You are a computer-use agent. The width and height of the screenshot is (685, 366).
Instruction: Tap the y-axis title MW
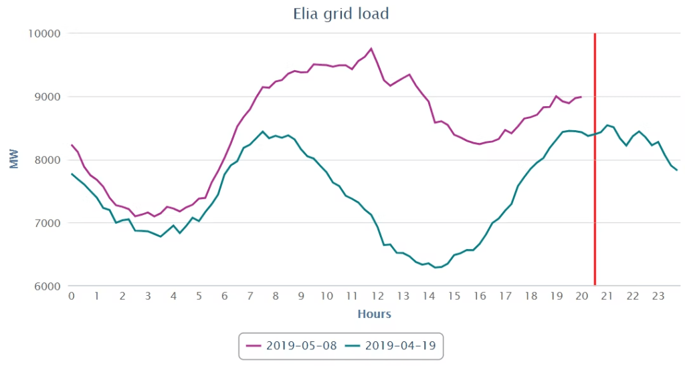pos(13,160)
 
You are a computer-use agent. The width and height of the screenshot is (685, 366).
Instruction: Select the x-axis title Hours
pos(374,314)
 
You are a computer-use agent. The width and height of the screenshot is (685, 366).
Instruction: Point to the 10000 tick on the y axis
pos(43,34)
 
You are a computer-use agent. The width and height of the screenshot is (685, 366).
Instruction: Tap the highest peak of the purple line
pos(371,48)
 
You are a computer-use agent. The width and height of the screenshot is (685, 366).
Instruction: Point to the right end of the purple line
pos(581,97)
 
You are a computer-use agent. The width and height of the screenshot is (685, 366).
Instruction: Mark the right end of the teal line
pos(677,170)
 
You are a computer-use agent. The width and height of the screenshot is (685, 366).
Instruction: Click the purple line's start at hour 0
pos(72,145)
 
